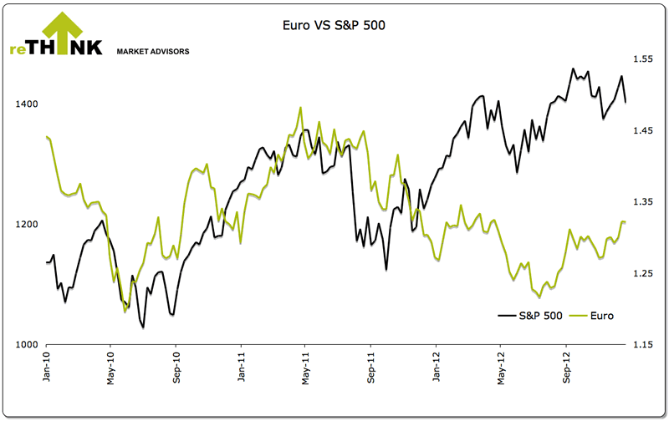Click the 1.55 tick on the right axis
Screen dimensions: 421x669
(x=642, y=59)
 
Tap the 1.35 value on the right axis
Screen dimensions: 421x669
(x=642, y=202)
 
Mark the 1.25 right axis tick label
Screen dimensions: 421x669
(x=642, y=274)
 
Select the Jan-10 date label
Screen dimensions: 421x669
(x=46, y=367)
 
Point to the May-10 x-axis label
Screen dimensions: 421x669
(x=111, y=367)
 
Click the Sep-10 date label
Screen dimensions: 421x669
(x=176, y=367)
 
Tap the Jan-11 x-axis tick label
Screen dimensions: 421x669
(x=241, y=367)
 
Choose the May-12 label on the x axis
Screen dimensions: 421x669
(x=501, y=367)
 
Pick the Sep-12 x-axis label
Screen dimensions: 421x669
(x=566, y=367)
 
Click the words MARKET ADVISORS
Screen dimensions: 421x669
(x=152, y=51)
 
